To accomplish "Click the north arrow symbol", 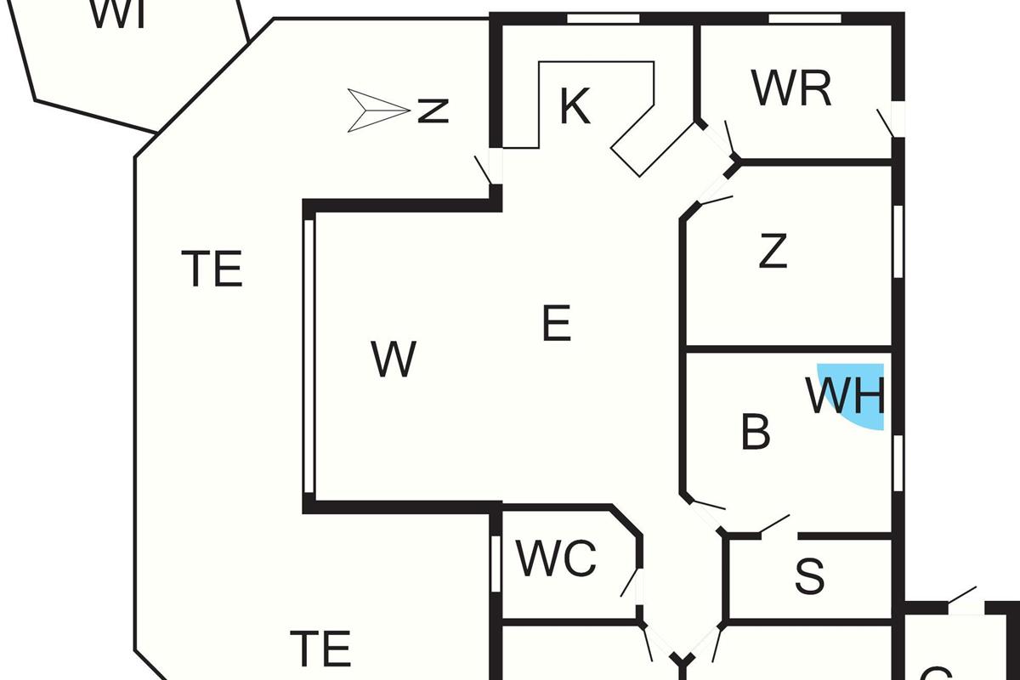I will [x=377, y=110].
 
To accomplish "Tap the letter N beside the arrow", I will [x=433, y=110].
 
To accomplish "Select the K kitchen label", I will [x=575, y=107].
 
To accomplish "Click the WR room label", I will [x=791, y=88].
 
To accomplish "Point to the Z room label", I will [x=773, y=252].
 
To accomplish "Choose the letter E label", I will [x=556, y=324].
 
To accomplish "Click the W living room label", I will [x=394, y=360].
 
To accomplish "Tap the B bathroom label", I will [x=756, y=433].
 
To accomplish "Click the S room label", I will [x=809, y=577].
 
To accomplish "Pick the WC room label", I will [x=557, y=559].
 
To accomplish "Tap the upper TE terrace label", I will [x=212, y=269].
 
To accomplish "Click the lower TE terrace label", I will [x=320, y=649].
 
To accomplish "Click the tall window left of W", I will [x=309, y=357].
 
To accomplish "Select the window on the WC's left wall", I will [x=496, y=564].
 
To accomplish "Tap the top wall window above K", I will [x=603, y=18].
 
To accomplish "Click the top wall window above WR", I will [x=804, y=18].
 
